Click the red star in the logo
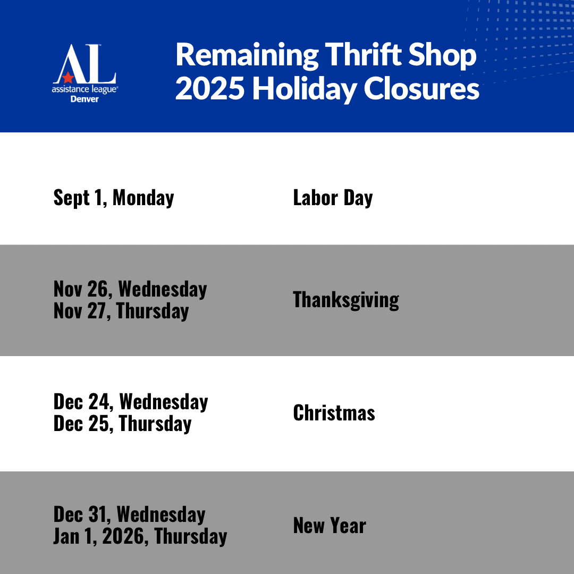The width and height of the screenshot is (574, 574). [67, 77]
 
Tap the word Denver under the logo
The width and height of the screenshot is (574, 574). [85, 99]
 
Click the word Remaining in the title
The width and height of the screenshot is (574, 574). [247, 55]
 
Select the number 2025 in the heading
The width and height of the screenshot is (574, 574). [210, 89]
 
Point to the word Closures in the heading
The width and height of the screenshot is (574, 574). [421, 89]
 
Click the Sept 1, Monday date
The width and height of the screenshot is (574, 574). [114, 198]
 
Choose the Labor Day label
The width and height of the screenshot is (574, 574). [333, 198]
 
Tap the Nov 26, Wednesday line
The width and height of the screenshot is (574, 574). [130, 289]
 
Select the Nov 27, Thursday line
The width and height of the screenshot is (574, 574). [121, 311]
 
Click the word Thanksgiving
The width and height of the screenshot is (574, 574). [346, 300]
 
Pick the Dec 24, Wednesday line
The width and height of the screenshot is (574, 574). [131, 402]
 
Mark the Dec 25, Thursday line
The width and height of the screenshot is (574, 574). [122, 424]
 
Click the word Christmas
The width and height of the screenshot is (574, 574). [334, 413]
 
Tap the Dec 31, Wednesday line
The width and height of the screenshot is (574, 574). [129, 514]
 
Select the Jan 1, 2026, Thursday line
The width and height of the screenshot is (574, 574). [140, 536]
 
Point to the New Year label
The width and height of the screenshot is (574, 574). [330, 526]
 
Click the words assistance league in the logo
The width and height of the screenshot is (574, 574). [85, 89]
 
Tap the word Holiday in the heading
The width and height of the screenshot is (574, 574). [304, 89]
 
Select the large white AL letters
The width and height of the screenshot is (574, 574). [85, 64]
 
